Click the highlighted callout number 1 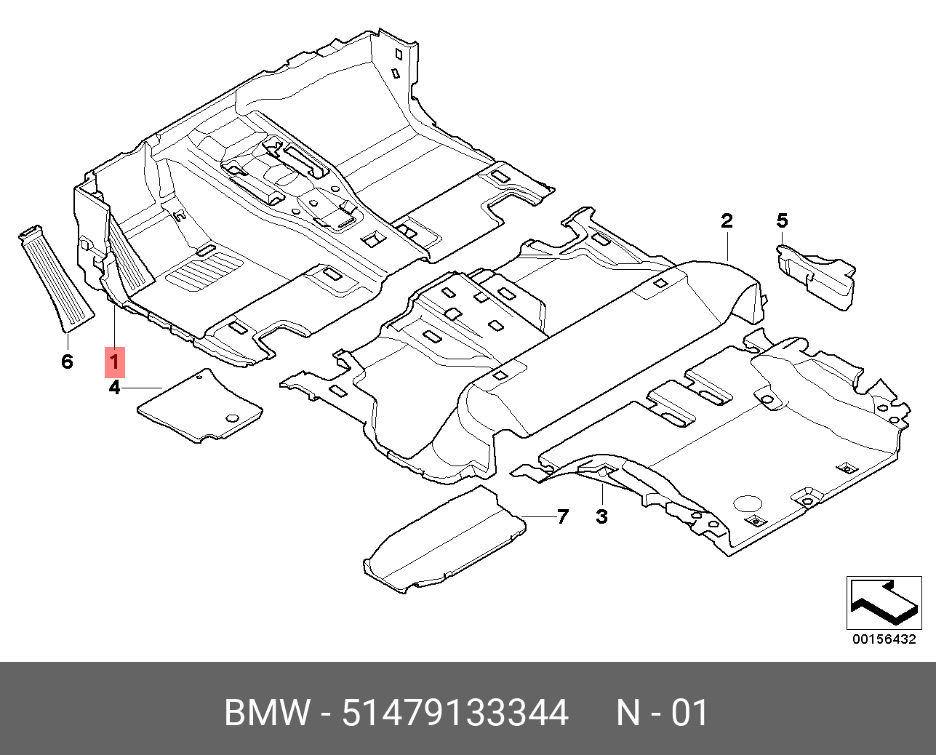[x=114, y=362]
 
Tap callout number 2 [x=727, y=221]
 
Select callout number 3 [x=601, y=517]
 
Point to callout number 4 [x=114, y=387]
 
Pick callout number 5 [x=782, y=221]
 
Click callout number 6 [x=67, y=361]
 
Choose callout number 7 [x=563, y=517]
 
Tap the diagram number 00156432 [x=884, y=639]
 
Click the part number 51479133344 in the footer [x=455, y=713]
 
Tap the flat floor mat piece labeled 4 [x=200, y=405]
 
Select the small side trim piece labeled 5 [x=816, y=276]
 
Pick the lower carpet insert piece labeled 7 [x=444, y=540]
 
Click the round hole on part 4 [x=232, y=418]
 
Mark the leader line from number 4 [x=143, y=387]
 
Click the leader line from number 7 [x=540, y=516]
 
